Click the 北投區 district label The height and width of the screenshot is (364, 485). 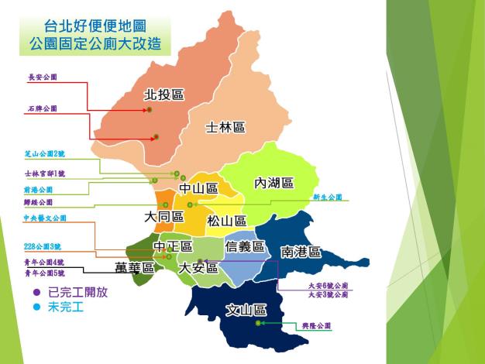tap(164, 95)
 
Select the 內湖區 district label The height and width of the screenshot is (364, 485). tap(274, 183)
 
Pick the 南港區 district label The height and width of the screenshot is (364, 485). tap(301, 252)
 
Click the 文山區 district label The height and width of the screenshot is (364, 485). tap(246, 310)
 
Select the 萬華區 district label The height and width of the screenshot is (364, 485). tap(135, 268)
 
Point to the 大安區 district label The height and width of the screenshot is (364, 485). tap(198, 268)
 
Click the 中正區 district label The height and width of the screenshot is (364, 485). tap(172, 247)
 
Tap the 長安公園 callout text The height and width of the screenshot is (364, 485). tap(43, 77)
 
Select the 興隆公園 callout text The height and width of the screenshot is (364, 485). tap(317, 326)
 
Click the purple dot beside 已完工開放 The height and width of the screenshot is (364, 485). tap(36, 294)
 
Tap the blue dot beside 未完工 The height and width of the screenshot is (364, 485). tap(36, 307)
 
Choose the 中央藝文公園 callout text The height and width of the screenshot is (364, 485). tap(46, 218)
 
